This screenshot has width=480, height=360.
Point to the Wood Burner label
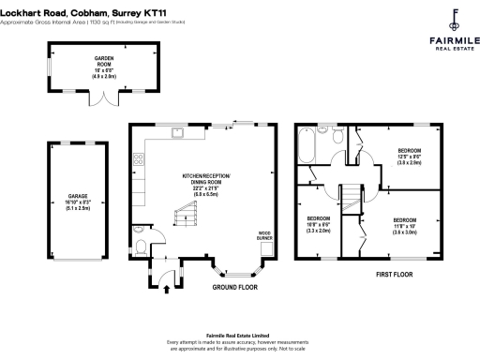coord(264,236)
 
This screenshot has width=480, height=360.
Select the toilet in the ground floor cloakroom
coord(139,247)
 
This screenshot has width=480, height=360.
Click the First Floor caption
coord(395,275)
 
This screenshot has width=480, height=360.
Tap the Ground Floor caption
coord(234,287)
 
